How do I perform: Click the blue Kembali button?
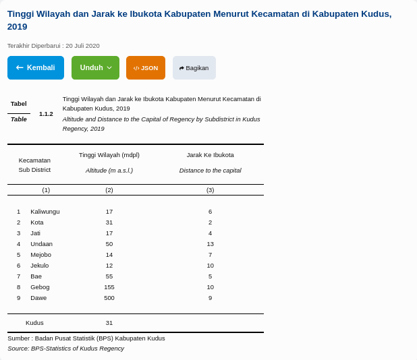click(36, 67)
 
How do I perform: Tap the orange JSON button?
click(146, 67)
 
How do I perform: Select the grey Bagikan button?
click(194, 67)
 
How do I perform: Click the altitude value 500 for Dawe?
click(109, 297)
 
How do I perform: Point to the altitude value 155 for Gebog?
click(109, 287)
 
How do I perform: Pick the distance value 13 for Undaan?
click(211, 243)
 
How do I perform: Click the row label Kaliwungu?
click(45, 211)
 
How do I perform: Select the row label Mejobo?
click(41, 254)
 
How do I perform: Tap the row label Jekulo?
click(40, 265)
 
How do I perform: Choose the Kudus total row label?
click(34, 322)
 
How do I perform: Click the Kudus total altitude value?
click(109, 322)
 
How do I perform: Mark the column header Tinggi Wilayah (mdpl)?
click(109, 154)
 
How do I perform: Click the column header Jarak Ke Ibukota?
click(211, 154)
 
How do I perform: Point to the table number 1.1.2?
click(46, 113)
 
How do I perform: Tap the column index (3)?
click(211, 189)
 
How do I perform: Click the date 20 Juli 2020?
click(82, 46)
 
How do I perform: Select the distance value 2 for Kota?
click(211, 222)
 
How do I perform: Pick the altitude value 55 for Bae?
click(109, 276)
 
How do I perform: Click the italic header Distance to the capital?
click(211, 170)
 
